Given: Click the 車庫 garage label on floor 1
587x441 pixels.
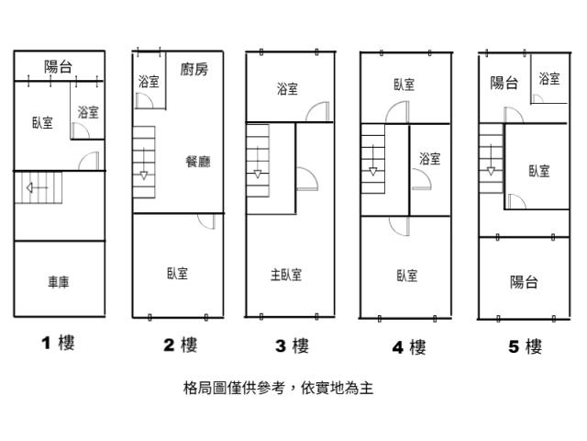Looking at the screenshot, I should coord(59,282).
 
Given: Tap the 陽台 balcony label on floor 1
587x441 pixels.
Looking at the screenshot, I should coord(59,66).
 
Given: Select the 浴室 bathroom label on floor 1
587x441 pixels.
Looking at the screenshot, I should coord(88,112).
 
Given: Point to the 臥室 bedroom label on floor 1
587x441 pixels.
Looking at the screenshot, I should coord(41,122).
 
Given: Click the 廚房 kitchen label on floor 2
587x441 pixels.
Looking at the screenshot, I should coord(194,69).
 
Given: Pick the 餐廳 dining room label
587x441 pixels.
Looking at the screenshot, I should coord(197,162).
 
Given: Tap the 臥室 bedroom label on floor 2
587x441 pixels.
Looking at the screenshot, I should coord(178,273).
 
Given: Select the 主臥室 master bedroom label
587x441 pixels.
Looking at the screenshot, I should coord(286,274).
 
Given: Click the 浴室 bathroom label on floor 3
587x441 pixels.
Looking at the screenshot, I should coord(287,89).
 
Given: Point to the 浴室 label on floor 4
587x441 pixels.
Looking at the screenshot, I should coord(429,159).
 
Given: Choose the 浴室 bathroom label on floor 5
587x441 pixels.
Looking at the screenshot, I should coord(549,79).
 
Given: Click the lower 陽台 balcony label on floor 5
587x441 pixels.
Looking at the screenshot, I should coord(524,282).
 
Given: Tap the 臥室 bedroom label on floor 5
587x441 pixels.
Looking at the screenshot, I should coord(538,171).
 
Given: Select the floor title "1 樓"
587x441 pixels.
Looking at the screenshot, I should coord(57,344).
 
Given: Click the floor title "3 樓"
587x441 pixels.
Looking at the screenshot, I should coord(292,345).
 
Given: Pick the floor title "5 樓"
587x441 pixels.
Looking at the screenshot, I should coord(525,346).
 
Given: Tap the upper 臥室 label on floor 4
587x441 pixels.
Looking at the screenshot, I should coord(404,85).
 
